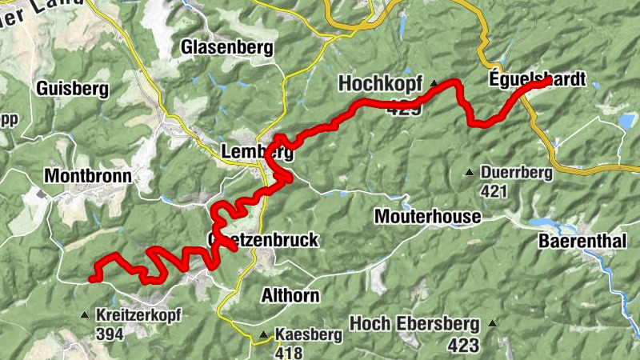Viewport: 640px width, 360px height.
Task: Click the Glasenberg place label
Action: click(x=227, y=47)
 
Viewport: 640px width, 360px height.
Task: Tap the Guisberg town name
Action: click(x=72, y=89)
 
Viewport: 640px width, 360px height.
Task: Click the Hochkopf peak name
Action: click(x=379, y=83)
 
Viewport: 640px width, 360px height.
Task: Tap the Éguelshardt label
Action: click(x=537, y=79)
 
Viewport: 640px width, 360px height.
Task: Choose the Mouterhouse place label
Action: click(x=427, y=217)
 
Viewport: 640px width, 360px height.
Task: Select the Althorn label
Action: click(x=290, y=295)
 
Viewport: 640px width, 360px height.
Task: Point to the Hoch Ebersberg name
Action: click(x=414, y=324)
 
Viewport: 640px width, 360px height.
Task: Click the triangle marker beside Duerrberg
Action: click(x=470, y=172)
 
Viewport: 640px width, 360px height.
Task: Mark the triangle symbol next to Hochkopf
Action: click(x=434, y=83)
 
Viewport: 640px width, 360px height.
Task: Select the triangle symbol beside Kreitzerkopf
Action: click(x=85, y=315)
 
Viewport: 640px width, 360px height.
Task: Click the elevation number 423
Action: click(x=463, y=345)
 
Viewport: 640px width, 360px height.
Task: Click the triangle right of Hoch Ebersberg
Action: click(x=493, y=324)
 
